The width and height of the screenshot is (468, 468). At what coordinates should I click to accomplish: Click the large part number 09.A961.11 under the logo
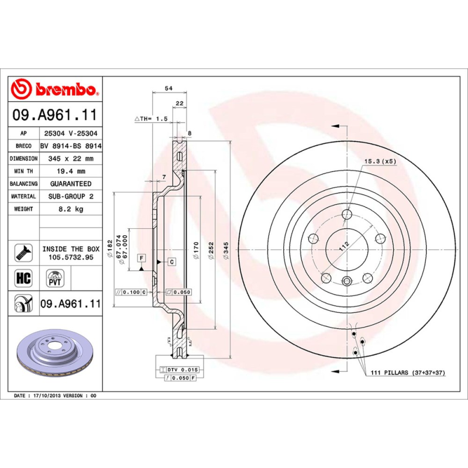click(54, 115)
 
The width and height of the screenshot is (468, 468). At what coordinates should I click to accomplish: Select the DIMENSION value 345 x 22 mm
click(70, 159)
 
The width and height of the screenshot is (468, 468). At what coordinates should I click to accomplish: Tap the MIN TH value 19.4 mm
click(70, 171)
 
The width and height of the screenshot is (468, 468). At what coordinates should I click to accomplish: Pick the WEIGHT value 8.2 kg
click(70, 209)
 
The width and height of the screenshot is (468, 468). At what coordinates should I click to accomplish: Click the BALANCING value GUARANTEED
click(70, 184)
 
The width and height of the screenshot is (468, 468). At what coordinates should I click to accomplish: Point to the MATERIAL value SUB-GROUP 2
click(70, 197)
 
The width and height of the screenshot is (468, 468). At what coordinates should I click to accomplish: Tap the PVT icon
click(54, 277)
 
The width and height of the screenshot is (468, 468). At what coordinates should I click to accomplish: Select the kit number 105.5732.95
click(70, 257)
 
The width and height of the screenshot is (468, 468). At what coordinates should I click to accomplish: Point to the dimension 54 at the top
click(168, 88)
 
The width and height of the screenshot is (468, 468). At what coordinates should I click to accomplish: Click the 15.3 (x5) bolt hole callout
click(380, 161)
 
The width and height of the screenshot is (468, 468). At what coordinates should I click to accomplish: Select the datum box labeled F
click(141, 257)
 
